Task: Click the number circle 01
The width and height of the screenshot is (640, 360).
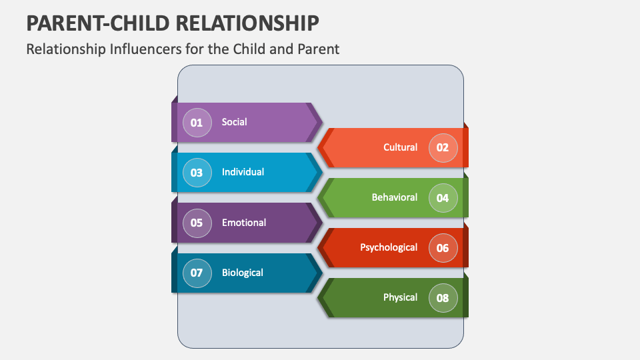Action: coord(197,123)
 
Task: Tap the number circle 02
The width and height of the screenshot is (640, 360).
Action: coord(443,148)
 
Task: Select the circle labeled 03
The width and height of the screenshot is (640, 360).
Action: coord(197,173)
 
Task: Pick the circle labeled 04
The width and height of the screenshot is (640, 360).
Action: coord(443,198)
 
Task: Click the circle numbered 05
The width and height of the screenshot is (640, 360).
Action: coord(197,223)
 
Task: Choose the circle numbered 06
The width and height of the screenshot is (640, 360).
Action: coord(443,248)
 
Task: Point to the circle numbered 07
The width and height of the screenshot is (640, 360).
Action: coord(197,273)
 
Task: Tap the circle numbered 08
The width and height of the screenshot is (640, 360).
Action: coord(443,298)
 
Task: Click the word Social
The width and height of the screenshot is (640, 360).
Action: coord(234,122)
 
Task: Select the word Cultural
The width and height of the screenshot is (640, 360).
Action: coord(400,147)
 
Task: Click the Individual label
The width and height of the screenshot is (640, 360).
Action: coord(243,172)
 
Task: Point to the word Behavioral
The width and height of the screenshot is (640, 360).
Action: coord(395,197)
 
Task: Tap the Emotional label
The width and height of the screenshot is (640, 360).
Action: coord(244,223)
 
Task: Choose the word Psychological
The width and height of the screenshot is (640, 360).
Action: coord(389,247)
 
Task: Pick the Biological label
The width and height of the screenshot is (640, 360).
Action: coord(243,273)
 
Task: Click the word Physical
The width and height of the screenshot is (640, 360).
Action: coord(400,297)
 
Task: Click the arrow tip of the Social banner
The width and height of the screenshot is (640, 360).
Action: coord(319,122)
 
